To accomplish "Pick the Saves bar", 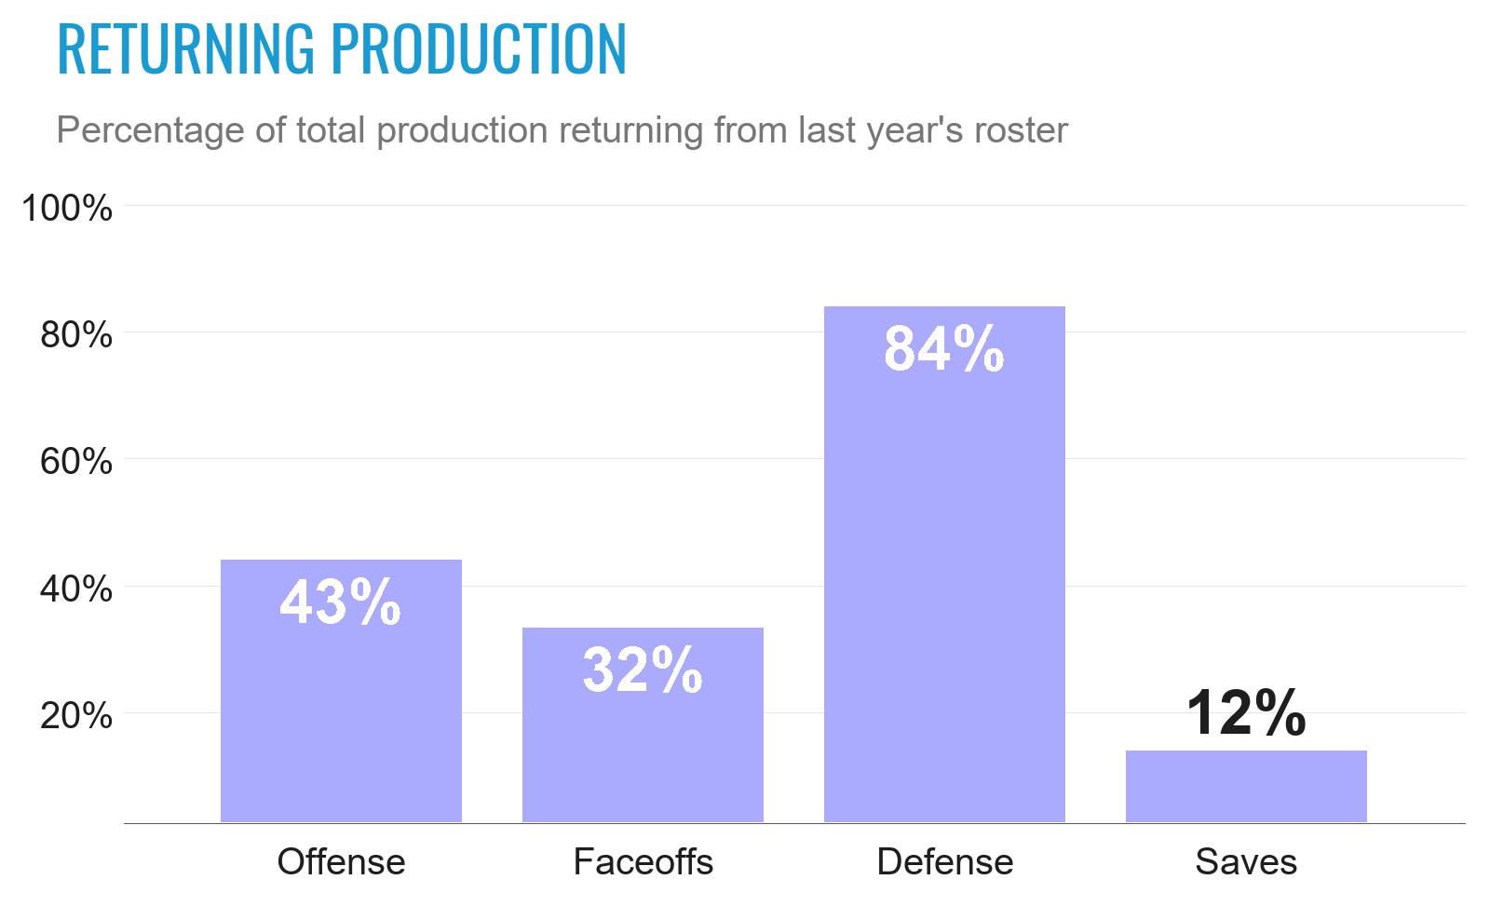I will (x=1246, y=787).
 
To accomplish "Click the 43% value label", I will (x=341, y=602).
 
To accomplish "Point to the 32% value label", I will (x=643, y=670).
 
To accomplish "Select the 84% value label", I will (x=944, y=349).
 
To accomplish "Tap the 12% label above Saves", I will (x=1246, y=713).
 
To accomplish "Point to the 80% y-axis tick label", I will (x=76, y=334).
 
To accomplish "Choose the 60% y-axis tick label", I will (x=76, y=461).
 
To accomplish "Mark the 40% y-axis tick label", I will (x=76, y=589).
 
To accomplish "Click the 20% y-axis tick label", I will (x=76, y=715).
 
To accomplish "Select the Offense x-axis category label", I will (x=341, y=861).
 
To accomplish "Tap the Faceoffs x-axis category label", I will (x=643, y=861).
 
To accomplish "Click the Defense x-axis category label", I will (x=944, y=861).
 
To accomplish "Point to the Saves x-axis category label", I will (x=1246, y=861).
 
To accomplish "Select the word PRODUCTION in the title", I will (x=479, y=48).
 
